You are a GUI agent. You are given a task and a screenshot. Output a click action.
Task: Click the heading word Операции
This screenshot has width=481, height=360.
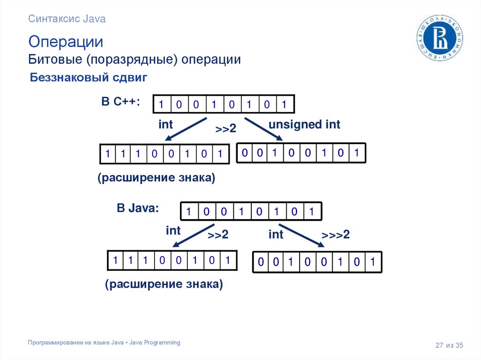[66, 41]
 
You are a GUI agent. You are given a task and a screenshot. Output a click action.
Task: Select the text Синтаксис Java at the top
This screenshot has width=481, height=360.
[67, 19]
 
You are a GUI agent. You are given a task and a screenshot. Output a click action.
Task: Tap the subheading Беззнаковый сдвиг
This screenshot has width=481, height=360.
[89, 77]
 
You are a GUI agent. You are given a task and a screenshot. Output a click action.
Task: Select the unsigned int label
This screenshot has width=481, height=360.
[304, 125]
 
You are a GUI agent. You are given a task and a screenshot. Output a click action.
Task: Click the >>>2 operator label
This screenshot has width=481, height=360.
[336, 235]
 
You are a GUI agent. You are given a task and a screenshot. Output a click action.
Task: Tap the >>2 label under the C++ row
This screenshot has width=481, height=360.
[225, 129]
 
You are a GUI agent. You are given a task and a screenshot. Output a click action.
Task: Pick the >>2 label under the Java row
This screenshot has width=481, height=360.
[218, 235]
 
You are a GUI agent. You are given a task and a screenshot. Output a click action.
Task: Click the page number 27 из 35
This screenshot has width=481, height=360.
[449, 345]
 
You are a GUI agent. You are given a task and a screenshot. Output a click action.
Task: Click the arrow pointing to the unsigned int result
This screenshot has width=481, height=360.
[263, 129]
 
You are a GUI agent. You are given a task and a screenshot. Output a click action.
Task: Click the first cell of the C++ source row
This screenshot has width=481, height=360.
[162, 105]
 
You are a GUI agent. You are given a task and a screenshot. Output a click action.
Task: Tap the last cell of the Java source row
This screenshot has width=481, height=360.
[311, 212]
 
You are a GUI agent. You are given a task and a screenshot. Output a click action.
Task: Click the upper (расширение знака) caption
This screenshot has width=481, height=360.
[156, 178]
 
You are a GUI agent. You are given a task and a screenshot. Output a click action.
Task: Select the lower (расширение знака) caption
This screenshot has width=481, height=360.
[164, 284]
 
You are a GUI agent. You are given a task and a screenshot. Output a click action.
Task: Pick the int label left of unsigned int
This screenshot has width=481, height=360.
[166, 125]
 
